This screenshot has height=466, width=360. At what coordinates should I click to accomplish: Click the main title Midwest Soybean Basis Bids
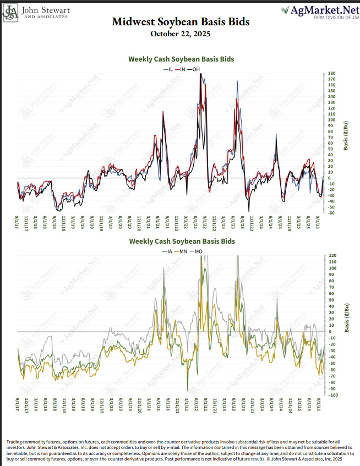pos(181,22)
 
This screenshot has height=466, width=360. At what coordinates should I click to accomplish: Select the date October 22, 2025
pos(181,34)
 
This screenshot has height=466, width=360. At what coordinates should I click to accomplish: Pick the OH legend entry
pos(197,69)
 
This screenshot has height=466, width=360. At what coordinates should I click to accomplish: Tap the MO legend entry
pos(197,250)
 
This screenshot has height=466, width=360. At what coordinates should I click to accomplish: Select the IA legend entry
pos(168,250)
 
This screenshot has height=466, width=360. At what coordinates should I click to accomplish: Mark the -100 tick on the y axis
pos(332,395)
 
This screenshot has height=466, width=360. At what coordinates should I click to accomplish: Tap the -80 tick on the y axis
pos(332,382)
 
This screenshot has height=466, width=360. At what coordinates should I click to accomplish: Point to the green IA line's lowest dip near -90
pos(188,389)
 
